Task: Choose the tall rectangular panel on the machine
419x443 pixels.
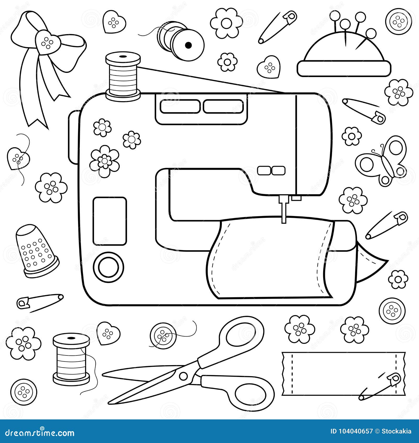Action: (109, 221)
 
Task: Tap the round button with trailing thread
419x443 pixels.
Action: (163, 336)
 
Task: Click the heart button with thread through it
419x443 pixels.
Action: (18, 158)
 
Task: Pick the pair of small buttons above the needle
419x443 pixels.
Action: (271, 170)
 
